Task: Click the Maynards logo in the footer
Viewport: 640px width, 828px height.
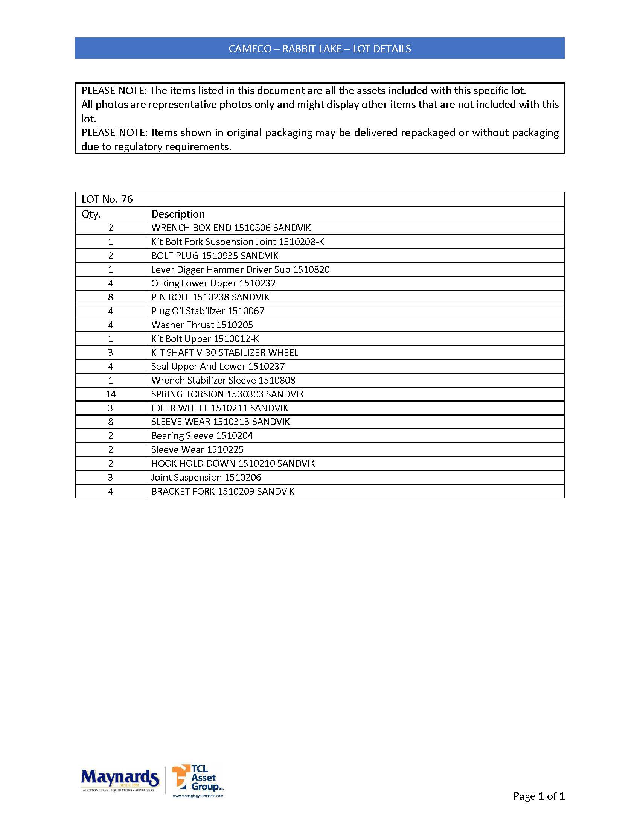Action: [x=120, y=780]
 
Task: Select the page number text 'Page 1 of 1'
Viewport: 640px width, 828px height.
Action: [x=539, y=796]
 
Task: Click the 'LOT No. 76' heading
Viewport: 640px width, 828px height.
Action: [x=107, y=199]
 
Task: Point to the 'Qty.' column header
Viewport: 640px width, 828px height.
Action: [x=91, y=214]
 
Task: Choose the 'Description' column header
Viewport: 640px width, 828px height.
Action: [x=178, y=214]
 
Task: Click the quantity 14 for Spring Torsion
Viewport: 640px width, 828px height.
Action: [x=111, y=394]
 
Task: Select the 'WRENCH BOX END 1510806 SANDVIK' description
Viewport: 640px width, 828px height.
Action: [x=231, y=228]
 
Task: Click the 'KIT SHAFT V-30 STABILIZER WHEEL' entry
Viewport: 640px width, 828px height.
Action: [x=224, y=353]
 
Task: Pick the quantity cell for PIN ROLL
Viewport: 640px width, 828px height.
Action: [x=111, y=297]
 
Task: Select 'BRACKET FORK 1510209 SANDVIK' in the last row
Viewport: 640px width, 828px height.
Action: [x=223, y=491]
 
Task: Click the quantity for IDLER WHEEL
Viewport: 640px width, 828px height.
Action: [x=111, y=408]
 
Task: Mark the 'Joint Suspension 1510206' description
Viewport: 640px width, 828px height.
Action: [x=206, y=477]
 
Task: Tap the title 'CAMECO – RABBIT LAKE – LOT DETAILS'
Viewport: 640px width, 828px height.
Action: [x=320, y=49]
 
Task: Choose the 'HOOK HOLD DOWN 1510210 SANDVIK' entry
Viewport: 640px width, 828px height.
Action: [x=233, y=464]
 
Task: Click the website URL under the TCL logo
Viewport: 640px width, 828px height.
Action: [x=198, y=796]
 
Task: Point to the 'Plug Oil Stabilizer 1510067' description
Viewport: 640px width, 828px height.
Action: [x=208, y=311]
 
